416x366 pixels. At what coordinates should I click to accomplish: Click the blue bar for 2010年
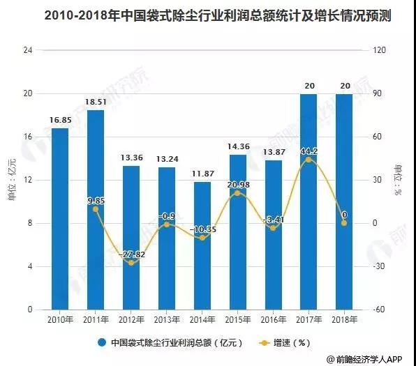[x=60, y=219]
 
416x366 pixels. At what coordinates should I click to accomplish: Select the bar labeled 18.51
[x=96, y=209]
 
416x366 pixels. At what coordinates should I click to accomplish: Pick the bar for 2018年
[x=344, y=201]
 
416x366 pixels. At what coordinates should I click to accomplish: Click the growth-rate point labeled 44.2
[x=309, y=160]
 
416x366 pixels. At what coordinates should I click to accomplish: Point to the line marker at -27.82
[x=131, y=263]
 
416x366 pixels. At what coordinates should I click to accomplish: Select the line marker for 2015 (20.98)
[x=237, y=193]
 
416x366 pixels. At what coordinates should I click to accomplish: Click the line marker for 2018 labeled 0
[x=344, y=223]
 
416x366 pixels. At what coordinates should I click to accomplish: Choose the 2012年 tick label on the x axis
[x=131, y=320]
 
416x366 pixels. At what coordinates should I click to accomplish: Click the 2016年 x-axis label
[x=273, y=320]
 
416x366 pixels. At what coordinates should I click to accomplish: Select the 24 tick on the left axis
[x=29, y=51]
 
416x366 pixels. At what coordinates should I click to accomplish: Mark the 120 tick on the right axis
[x=380, y=51]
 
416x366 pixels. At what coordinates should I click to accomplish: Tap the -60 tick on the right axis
[x=380, y=310]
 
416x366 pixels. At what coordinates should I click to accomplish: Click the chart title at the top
[x=208, y=15]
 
